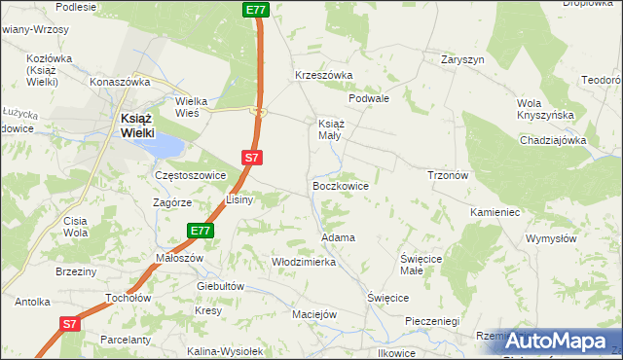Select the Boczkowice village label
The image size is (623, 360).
pyautogui.click(x=339, y=184)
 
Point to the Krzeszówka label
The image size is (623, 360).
pyautogui.click(x=323, y=75)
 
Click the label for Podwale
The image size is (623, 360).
pyautogui.click(x=369, y=98)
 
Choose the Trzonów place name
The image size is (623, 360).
pyautogui.click(x=449, y=175)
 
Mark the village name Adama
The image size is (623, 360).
pyautogui.click(x=337, y=237)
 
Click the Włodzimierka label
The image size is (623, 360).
pyautogui.click(x=304, y=262)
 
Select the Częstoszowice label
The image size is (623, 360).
pyautogui.click(x=191, y=175)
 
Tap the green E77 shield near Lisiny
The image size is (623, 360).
pyautogui.click(x=200, y=231)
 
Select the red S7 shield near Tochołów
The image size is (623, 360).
pyautogui.click(x=69, y=324)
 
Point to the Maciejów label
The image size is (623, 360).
pyautogui.click(x=314, y=314)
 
